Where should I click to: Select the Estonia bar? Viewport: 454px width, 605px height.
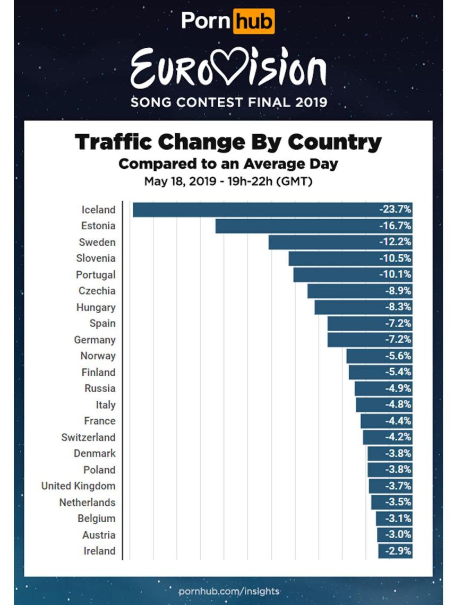pyautogui.click(x=297, y=226)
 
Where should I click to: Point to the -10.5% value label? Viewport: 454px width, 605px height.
pyautogui.click(x=395, y=258)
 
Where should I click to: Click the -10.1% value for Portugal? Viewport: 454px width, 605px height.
pyautogui.click(x=395, y=275)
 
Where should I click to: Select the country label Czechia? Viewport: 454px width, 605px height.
pyautogui.click(x=97, y=291)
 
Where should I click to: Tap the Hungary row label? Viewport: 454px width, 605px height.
pyautogui.click(x=96, y=307)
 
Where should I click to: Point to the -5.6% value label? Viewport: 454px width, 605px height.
pyautogui.click(x=398, y=356)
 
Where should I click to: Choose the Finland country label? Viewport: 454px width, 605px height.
pyautogui.click(x=98, y=372)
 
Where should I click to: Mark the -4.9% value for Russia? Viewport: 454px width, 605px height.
pyautogui.click(x=398, y=388)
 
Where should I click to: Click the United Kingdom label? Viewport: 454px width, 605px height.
pyautogui.click(x=78, y=486)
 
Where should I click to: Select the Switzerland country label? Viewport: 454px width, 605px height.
pyautogui.click(x=88, y=437)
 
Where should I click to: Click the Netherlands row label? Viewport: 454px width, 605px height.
pyautogui.click(x=87, y=502)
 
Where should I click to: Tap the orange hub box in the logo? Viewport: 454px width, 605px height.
pyautogui.click(x=254, y=22)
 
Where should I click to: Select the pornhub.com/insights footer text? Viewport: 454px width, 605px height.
pyautogui.click(x=229, y=591)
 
